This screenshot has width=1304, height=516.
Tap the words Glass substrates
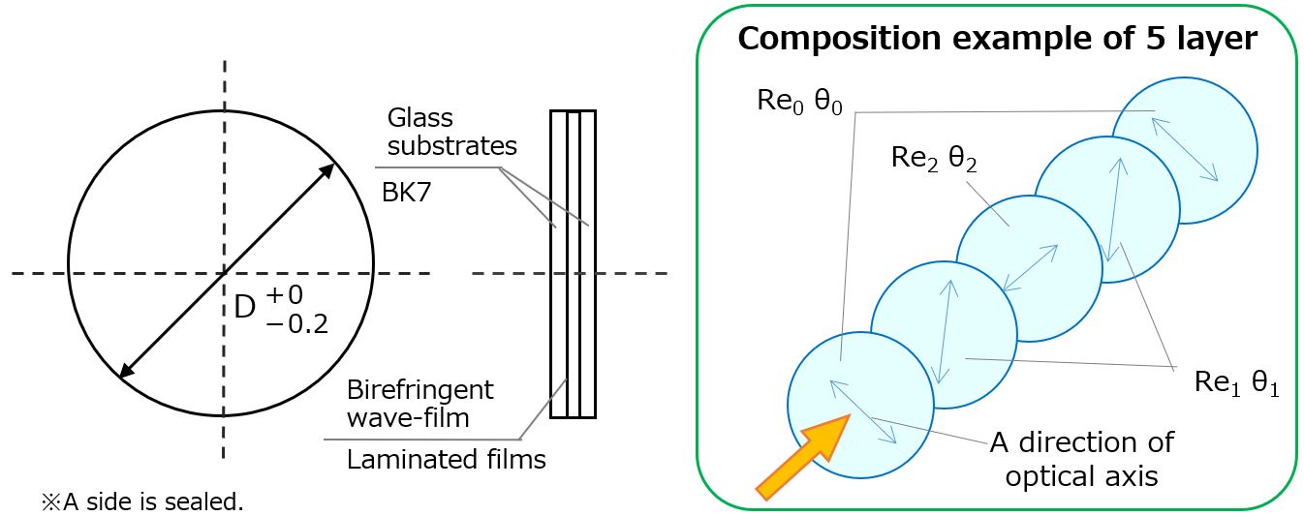(x=451, y=132)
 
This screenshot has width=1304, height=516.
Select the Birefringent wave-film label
(x=420, y=404)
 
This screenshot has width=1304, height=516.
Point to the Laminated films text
(x=446, y=460)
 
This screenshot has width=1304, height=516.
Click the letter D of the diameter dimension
(x=245, y=306)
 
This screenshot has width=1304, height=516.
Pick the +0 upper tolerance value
(x=288, y=291)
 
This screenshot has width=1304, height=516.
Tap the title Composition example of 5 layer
(x=997, y=40)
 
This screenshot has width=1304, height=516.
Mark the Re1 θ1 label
(x=1236, y=382)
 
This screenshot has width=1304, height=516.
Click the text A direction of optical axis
(x=1081, y=459)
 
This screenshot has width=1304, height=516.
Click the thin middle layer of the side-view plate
(x=573, y=264)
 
